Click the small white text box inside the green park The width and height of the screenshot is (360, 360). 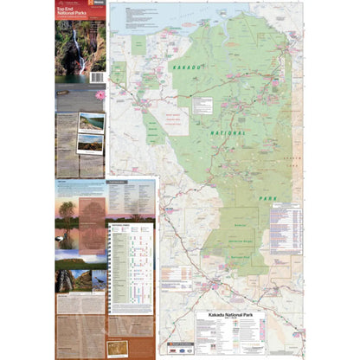[x=203, y=106]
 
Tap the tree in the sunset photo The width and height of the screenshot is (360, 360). [x=67, y=210]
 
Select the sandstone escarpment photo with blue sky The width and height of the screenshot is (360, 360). [x=80, y=256]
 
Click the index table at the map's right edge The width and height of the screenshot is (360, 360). [x=286, y=229]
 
